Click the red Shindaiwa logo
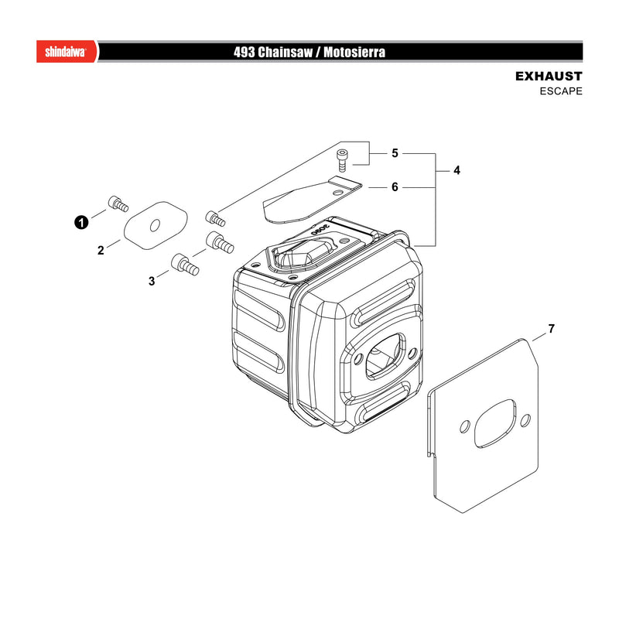(x=67, y=51)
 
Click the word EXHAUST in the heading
(x=549, y=76)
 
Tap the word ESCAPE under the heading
(x=561, y=91)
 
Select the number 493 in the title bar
(x=244, y=52)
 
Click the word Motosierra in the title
(x=354, y=52)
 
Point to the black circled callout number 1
(x=81, y=223)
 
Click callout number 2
(x=101, y=250)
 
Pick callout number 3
(x=152, y=281)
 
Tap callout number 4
(x=457, y=170)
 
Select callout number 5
(x=395, y=153)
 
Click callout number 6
(x=395, y=187)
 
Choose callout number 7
(x=551, y=328)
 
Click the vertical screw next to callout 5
(x=342, y=160)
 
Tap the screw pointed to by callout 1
(x=118, y=203)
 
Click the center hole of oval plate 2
(x=156, y=225)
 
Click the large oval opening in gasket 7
(x=495, y=423)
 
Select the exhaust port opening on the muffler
(x=385, y=356)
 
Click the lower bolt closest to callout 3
(x=185, y=265)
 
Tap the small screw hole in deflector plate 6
(x=337, y=192)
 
